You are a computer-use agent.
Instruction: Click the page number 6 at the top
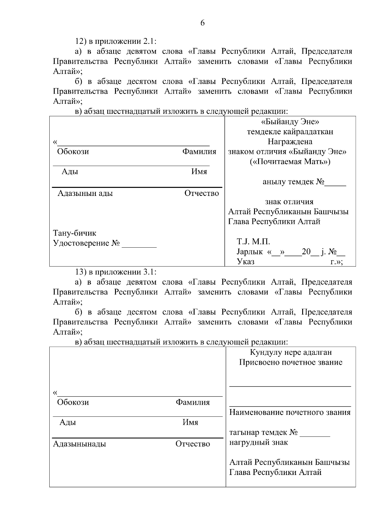point(202,23)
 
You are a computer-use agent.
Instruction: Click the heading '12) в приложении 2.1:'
point(116,41)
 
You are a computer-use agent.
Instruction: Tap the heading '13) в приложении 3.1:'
point(116,272)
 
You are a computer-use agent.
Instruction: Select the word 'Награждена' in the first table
point(290,142)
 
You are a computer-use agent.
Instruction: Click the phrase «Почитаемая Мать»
point(290,162)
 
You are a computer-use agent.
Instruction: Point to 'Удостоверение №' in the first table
point(86,243)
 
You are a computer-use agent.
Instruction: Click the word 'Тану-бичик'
point(75,233)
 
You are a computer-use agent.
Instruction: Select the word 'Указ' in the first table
point(246,262)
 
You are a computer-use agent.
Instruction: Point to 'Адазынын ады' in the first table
point(85,193)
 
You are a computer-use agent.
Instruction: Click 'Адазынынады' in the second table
point(80,444)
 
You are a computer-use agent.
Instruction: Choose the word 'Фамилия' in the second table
point(193,402)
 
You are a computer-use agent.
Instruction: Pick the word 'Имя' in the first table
point(199,172)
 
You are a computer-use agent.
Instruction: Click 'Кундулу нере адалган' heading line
point(291,352)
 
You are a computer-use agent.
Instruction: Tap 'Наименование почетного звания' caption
point(290,412)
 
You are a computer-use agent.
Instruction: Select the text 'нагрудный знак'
point(258,443)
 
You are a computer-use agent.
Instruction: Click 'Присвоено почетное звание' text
point(291,362)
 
